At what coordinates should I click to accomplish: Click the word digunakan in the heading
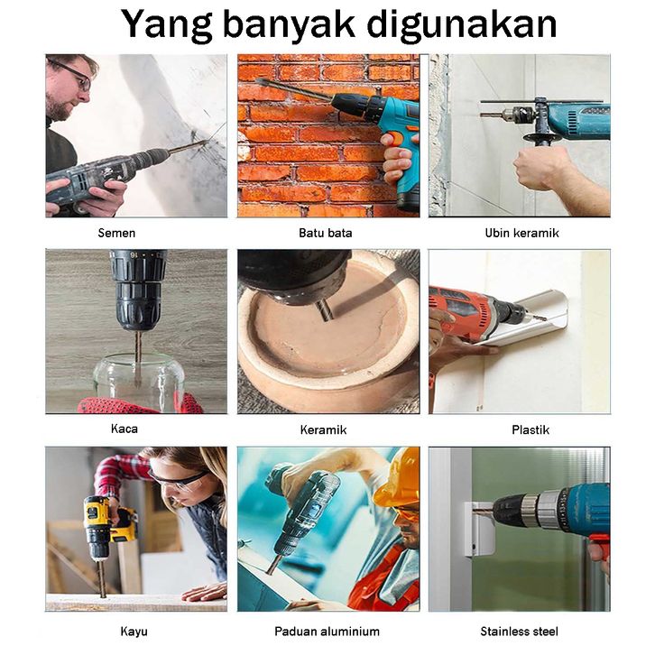click(x=461, y=23)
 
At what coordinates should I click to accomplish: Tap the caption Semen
click(x=116, y=233)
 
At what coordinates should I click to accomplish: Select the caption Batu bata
click(x=326, y=233)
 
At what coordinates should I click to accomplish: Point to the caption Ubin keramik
click(x=521, y=233)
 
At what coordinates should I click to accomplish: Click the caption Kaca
click(x=125, y=429)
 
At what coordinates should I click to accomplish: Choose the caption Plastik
click(x=530, y=429)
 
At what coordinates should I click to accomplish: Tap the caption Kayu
click(x=134, y=632)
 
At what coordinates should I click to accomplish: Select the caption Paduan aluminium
click(x=327, y=632)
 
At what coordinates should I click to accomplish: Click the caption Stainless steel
click(x=520, y=632)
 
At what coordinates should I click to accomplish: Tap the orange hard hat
click(x=398, y=477)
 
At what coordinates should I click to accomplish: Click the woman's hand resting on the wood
click(x=204, y=591)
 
